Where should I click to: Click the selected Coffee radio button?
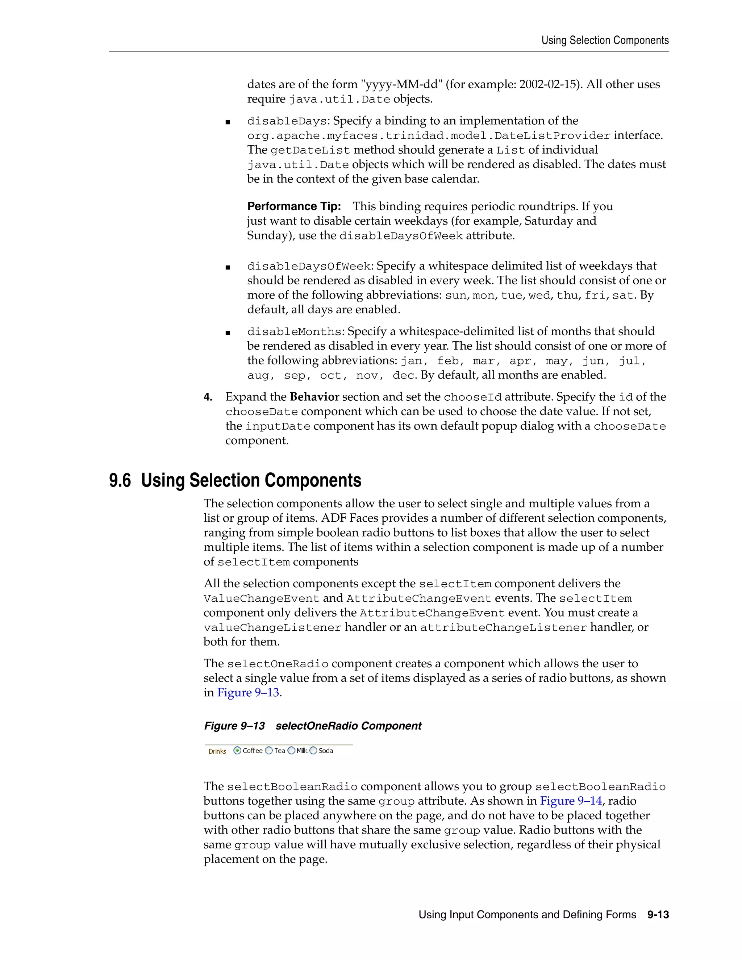[x=237, y=750]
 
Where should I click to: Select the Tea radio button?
[x=269, y=750]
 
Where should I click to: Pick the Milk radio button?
[x=291, y=750]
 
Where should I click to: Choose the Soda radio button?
[x=313, y=750]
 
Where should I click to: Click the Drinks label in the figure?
[x=217, y=751]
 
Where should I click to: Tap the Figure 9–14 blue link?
[x=571, y=801]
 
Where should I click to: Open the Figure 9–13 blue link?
[x=248, y=692]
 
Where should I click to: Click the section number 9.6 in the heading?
[x=120, y=480]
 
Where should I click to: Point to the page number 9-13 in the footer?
[x=658, y=915]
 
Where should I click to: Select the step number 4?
[x=208, y=397]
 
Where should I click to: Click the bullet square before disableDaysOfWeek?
[x=228, y=267]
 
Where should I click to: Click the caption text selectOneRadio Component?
[x=348, y=726]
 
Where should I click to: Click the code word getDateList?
[x=310, y=150]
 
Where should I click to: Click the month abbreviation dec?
[x=404, y=375]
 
